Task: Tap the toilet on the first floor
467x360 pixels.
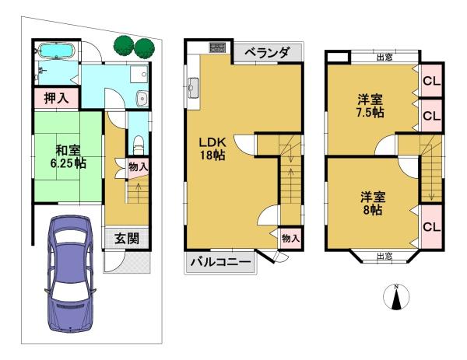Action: tap(139, 145)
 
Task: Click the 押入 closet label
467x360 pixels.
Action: tap(56, 98)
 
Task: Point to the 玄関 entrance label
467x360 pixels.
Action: tap(127, 238)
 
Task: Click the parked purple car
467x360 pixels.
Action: tap(70, 274)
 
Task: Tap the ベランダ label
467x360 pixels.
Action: tap(267, 53)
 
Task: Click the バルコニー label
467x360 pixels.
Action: tap(221, 262)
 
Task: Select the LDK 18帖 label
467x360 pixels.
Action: tap(212, 149)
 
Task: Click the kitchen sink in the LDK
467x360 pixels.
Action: tap(194, 87)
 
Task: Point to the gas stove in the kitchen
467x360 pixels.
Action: tap(217, 47)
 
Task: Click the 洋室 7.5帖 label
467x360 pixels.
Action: tap(370, 106)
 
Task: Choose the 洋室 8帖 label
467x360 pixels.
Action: tap(373, 204)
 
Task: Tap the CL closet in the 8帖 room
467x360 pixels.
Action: tap(431, 227)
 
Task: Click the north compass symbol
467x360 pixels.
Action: tap(396, 296)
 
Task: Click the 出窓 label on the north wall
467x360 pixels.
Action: tap(384, 58)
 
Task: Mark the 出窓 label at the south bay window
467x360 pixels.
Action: tap(384, 256)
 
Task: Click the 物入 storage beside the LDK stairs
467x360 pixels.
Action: tap(290, 238)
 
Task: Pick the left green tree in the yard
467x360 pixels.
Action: tap(124, 46)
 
